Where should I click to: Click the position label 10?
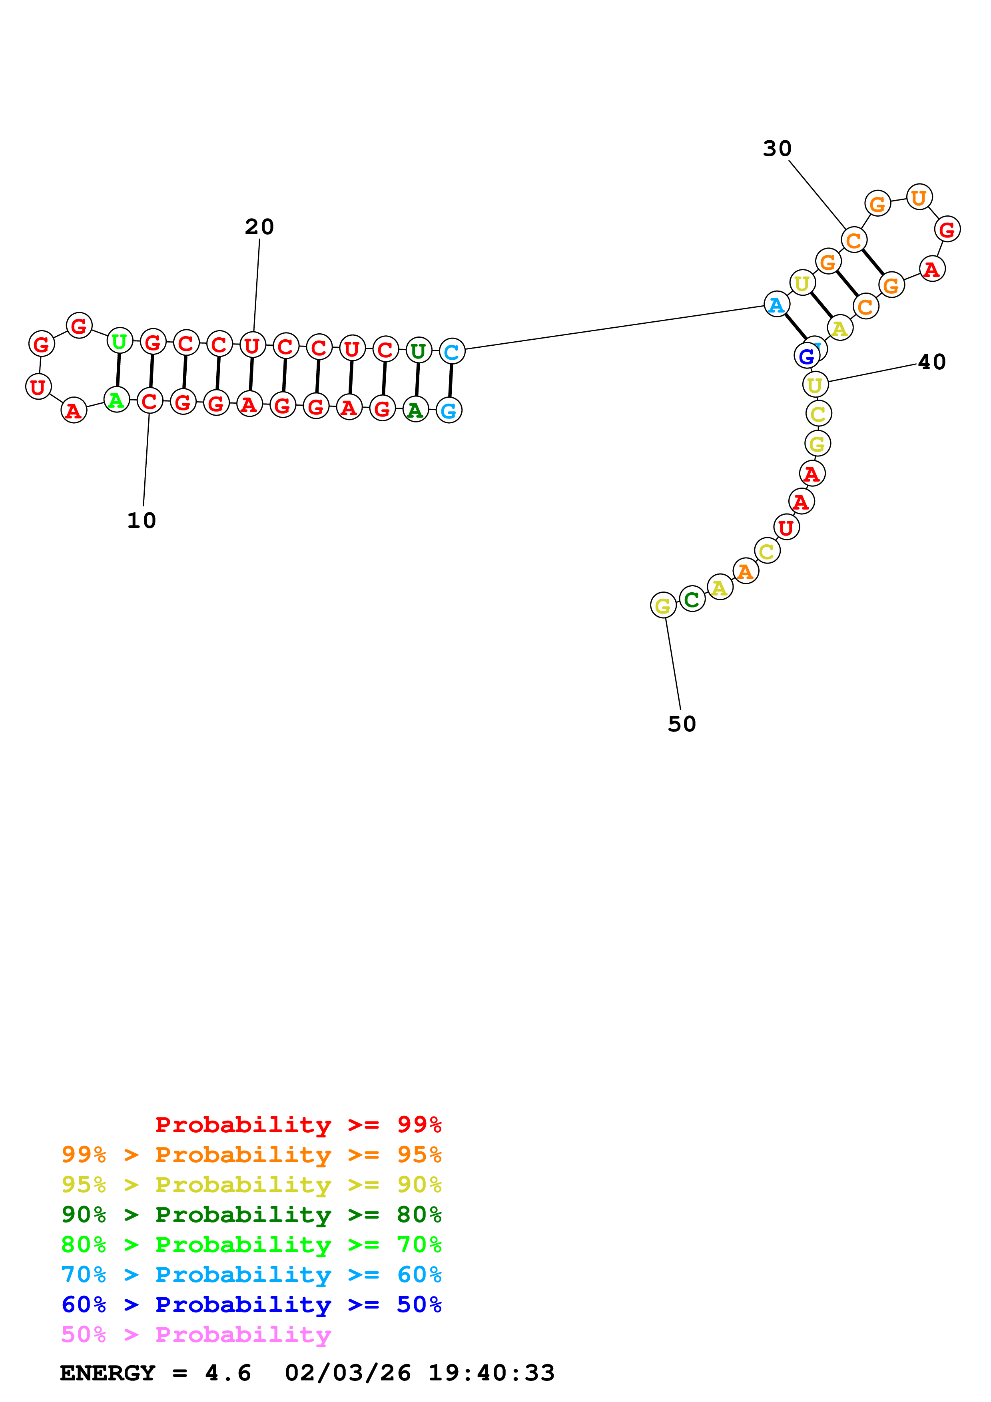(142, 521)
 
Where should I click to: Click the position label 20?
(259, 227)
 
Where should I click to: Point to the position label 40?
(932, 362)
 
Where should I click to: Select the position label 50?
(682, 724)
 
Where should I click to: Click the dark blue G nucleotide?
(807, 356)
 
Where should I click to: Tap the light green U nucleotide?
(120, 341)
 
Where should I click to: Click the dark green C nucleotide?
(692, 599)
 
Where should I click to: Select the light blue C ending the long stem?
(452, 352)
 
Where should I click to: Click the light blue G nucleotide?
(449, 411)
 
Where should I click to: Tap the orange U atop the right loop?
(919, 198)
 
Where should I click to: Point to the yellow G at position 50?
(663, 606)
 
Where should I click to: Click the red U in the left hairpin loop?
(38, 387)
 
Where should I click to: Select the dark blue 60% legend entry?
(251, 1304)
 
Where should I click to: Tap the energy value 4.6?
(228, 1373)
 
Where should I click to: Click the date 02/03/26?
(347, 1373)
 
